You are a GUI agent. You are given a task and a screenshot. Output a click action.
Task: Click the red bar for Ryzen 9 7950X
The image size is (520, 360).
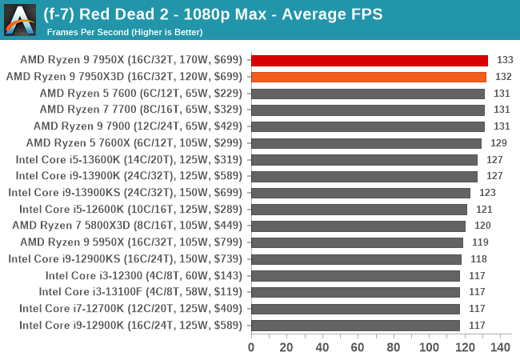(x=369, y=60)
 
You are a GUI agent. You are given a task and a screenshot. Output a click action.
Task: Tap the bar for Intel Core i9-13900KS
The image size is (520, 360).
(x=360, y=193)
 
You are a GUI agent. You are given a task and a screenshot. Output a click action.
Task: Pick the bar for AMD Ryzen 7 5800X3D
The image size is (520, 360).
(x=358, y=226)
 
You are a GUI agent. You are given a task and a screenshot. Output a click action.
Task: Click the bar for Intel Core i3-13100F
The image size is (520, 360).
(x=355, y=292)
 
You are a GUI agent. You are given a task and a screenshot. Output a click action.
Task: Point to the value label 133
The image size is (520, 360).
(x=505, y=60)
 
